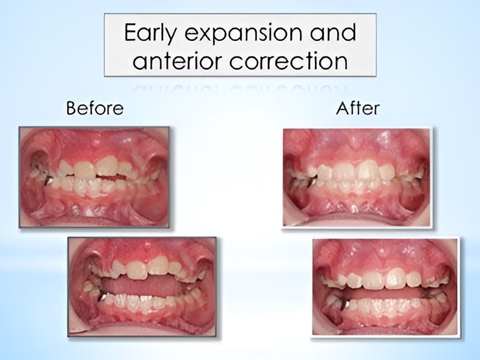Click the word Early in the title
click(x=150, y=33)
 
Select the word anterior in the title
click(x=177, y=60)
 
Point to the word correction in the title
click(x=288, y=60)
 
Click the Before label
click(x=95, y=108)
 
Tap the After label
click(x=358, y=108)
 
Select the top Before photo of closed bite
click(x=94, y=177)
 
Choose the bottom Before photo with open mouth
click(x=142, y=287)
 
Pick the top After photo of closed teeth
click(x=357, y=178)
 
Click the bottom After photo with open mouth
click(x=385, y=287)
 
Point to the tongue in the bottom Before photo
click(x=140, y=287)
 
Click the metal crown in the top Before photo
click(x=49, y=181)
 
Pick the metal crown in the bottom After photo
click(x=347, y=304)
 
